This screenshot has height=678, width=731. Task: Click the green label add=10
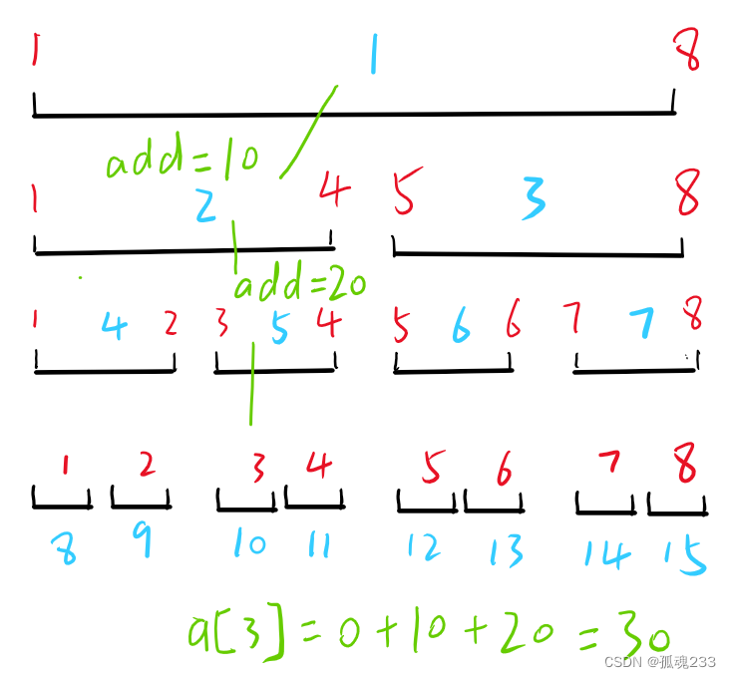point(182,160)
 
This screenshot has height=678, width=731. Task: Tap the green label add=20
point(299,286)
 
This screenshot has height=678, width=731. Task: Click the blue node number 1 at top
point(374,55)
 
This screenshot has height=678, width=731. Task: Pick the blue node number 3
point(534,199)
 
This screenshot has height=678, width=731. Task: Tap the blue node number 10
point(248,543)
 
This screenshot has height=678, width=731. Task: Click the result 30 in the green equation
point(636,632)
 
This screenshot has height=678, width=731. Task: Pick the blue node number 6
point(461,324)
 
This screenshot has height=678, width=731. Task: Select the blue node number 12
point(424,546)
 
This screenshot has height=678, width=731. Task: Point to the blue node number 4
point(114,325)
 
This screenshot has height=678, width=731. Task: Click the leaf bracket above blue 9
point(140,499)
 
